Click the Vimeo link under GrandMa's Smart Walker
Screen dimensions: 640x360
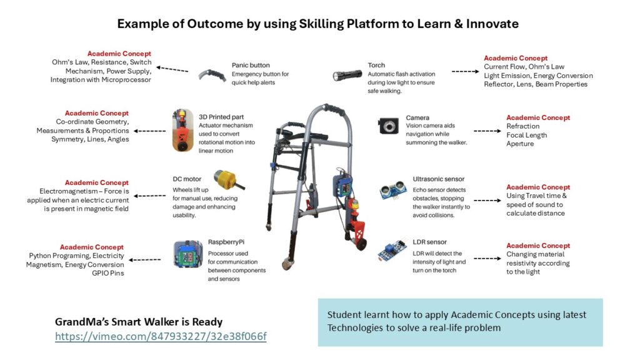tap(161, 336)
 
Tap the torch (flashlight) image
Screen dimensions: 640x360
tap(347, 75)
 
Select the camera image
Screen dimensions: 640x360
tap(388, 126)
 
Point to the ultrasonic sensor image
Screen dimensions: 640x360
tap(393, 191)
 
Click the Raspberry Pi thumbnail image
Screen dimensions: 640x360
tap(188, 254)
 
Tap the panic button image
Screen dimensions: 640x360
tap(212, 76)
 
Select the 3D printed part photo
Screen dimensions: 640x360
tap(183, 130)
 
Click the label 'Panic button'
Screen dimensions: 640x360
tap(251, 65)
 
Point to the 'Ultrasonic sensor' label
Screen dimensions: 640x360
tap(438, 179)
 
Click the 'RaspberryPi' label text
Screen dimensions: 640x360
tap(226, 242)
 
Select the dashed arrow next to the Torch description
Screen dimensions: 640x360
tap(465, 71)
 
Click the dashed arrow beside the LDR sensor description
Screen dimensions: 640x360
tap(487, 258)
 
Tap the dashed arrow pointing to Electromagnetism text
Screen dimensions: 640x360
tap(150, 196)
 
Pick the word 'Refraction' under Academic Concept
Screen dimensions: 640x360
tap(523, 126)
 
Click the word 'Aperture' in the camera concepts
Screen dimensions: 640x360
tap(520, 144)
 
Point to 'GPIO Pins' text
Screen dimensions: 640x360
tap(107, 274)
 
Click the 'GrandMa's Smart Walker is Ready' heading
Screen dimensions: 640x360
tap(139, 322)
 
